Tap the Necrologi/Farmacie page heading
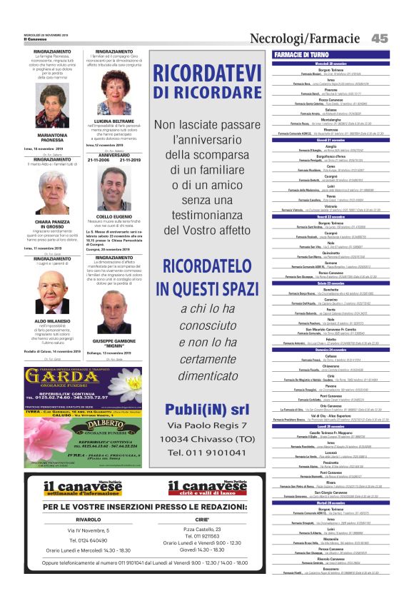pos(305,38)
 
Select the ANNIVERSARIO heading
pos(114,155)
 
